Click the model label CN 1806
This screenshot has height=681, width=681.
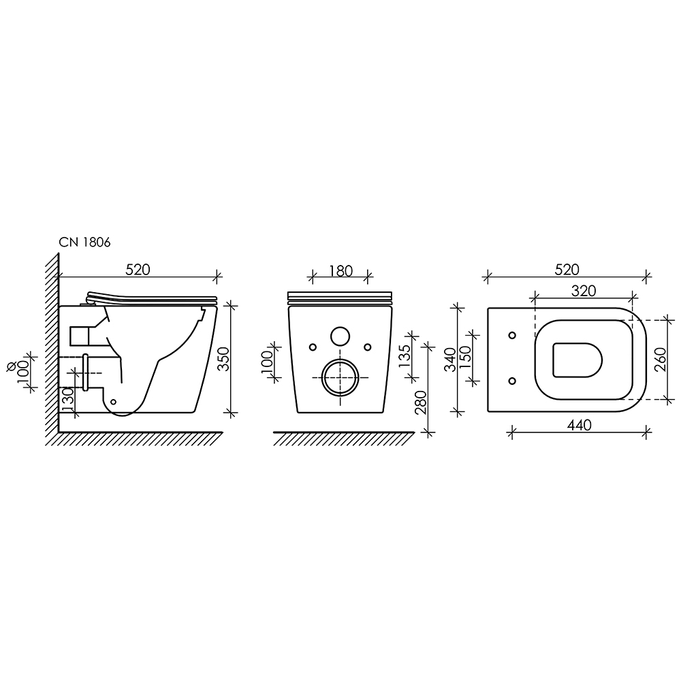pos(84,242)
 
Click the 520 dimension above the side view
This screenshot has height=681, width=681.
pos(138,270)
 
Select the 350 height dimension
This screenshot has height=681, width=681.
pos(223,359)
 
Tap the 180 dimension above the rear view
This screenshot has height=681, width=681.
pos(340,271)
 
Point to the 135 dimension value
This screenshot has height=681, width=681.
pos(404,355)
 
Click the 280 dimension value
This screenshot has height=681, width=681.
pos(421,402)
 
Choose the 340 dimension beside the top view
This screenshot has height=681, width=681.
pos(451,360)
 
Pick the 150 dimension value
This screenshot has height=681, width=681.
pos(465,357)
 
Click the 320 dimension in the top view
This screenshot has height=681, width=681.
pos(584,291)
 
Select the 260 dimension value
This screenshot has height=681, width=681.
pos(660,359)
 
